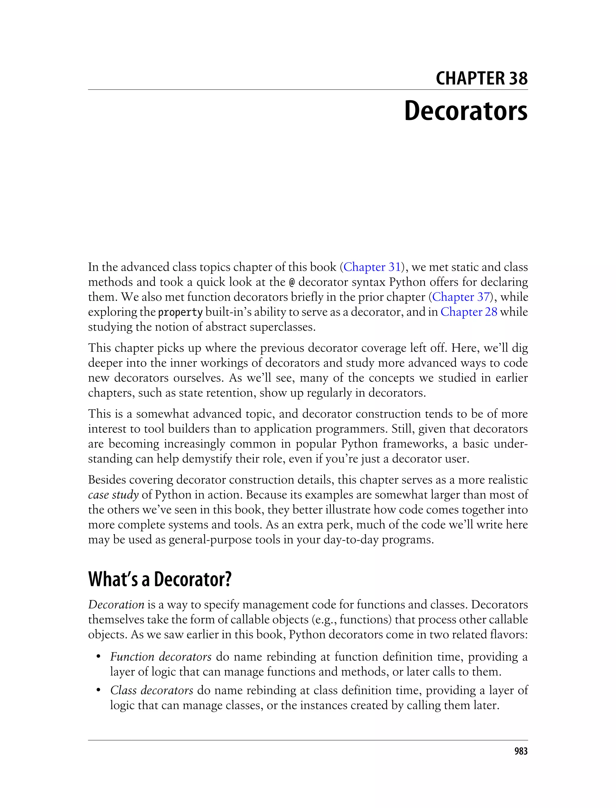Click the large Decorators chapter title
click(x=465, y=111)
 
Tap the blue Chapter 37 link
click(x=460, y=297)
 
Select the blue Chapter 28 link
click(x=469, y=312)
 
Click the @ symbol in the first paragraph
click(x=292, y=283)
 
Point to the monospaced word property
click(x=180, y=313)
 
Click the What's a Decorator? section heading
click(x=160, y=579)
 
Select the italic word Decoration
click(x=116, y=604)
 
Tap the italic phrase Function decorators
click(x=161, y=657)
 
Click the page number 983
click(x=521, y=751)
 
